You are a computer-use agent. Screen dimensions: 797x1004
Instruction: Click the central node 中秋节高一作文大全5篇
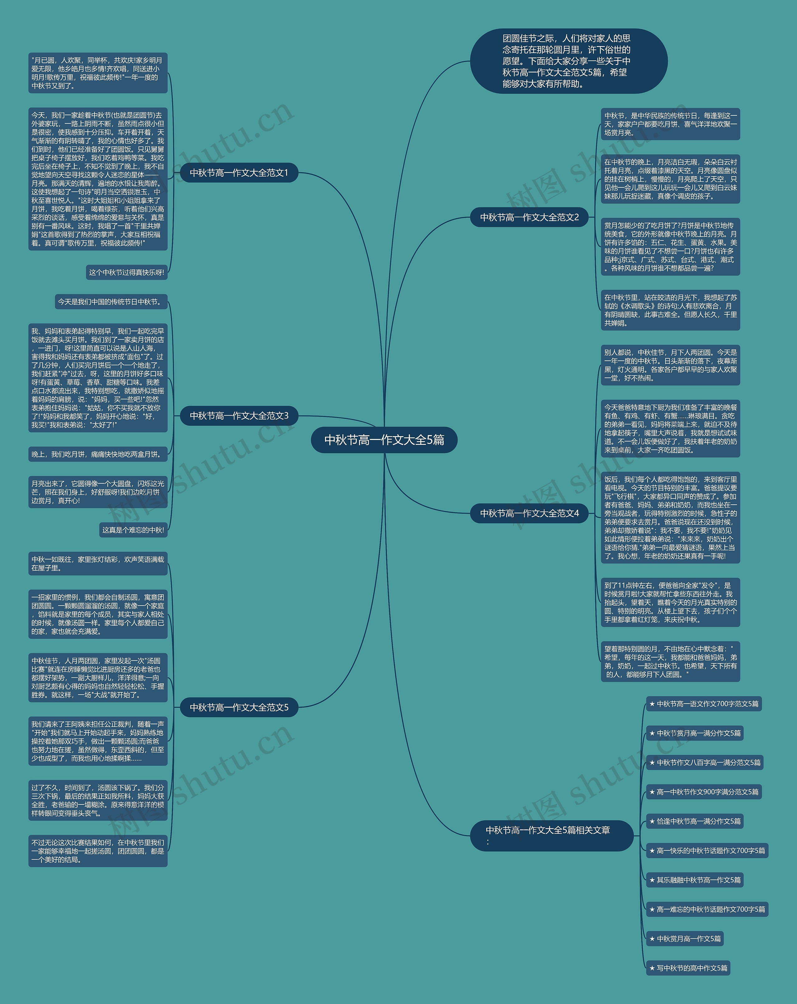point(384,440)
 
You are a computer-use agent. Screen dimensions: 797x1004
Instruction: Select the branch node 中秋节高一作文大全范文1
point(239,173)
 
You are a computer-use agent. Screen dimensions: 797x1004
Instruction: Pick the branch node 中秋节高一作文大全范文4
point(529,513)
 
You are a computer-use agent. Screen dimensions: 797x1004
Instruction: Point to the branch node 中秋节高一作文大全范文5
point(239,707)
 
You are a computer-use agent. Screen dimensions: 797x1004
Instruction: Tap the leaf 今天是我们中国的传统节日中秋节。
point(111,302)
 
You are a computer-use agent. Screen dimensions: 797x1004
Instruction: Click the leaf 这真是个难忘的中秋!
point(133,530)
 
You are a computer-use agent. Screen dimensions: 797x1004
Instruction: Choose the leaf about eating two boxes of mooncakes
point(98,454)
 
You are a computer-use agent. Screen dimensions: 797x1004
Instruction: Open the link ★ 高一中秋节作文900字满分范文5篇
point(703,792)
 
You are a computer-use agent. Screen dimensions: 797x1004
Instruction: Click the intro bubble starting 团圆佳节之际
point(568,61)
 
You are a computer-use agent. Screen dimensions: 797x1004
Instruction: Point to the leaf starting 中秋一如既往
point(98,563)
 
